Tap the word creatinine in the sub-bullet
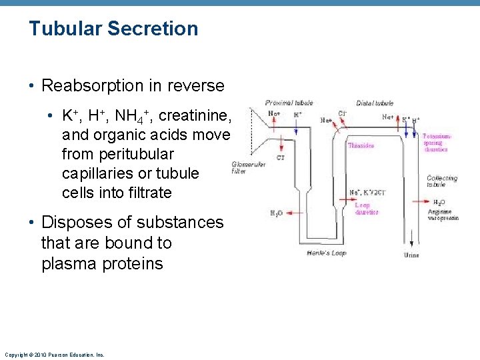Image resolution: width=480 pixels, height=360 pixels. (x=201, y=116)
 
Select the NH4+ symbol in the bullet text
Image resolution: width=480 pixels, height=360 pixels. (x=135, y=116)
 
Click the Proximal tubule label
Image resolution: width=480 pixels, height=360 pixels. (x=289, y=103)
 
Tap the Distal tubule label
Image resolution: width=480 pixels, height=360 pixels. (x=374, y=103)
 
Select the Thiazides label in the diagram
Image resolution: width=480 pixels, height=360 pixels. (x=361, y=145)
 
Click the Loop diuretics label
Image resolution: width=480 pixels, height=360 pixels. (x=366, y=209)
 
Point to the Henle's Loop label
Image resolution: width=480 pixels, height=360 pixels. (x=326, y=253)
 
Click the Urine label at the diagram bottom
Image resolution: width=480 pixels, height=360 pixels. (x=411, y=255)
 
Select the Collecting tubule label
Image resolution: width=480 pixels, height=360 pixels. (x=441, y=181)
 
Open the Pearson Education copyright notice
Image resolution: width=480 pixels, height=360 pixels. (x=54, y=355)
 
